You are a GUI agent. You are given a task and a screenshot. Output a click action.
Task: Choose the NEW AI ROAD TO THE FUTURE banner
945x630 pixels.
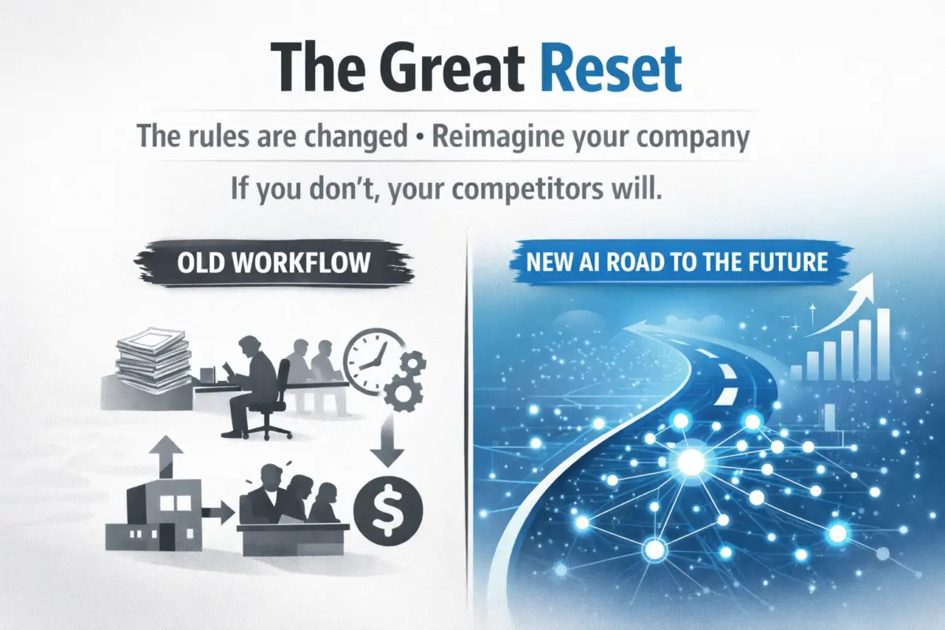pos(672,261)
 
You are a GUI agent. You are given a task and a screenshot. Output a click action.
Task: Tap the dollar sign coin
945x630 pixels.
pos(387,503)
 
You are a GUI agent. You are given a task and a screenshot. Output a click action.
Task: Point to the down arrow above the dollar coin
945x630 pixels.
pos(389,446)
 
